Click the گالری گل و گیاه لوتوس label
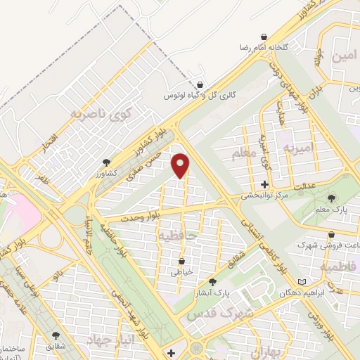click(x=194, y=94)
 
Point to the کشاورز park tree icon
click(x=106, y=162)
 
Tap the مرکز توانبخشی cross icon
click(x=264, y=184)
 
